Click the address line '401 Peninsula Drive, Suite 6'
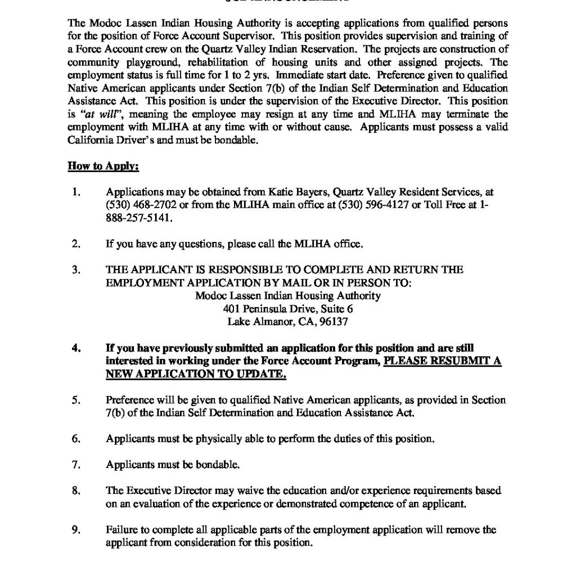pos(288,309)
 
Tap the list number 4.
pos(76,348)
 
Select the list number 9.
pos(76,530)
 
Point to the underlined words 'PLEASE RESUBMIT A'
pos(442,361)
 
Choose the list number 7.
pos(76,465)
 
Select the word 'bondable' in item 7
pos(217,465)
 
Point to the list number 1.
pos(76,192)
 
